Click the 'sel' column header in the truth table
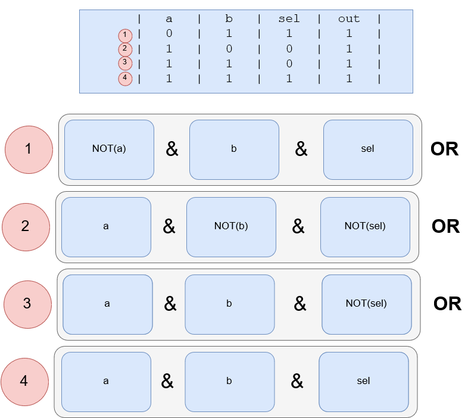289,19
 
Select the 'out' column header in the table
349,19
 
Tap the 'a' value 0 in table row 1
169,34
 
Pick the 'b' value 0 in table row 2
229,49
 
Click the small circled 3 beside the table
124,64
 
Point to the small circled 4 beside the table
124,79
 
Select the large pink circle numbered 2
26,227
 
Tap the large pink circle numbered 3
27,304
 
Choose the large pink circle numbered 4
24,381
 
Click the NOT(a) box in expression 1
109,149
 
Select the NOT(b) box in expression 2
231,227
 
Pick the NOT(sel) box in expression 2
365,227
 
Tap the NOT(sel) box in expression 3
366,304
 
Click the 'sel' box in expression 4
363,382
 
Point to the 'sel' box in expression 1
368,149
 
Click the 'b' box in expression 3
229,304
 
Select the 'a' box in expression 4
106,382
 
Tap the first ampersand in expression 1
171,149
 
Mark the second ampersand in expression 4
297,382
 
